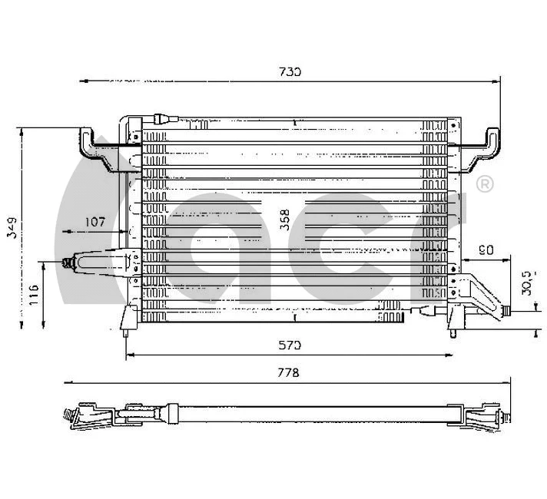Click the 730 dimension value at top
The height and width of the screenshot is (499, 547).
pyautogui.click(x=289, y=71)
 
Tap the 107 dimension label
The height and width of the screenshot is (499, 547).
pyautogui.click(x=94, y=222)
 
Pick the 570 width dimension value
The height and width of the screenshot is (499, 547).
pyautogui.click(x=289, y=345)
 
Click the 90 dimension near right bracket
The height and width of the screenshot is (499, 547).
pyautogui.click(x=485, y=249)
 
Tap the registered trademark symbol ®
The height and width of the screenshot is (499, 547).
pyautogui.click(x=485, y=184)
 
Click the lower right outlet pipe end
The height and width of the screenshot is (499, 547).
pyautogui.click(x=506, y=310)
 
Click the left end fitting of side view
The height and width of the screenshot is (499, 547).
pyautogui.click(x=71, y=415)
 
